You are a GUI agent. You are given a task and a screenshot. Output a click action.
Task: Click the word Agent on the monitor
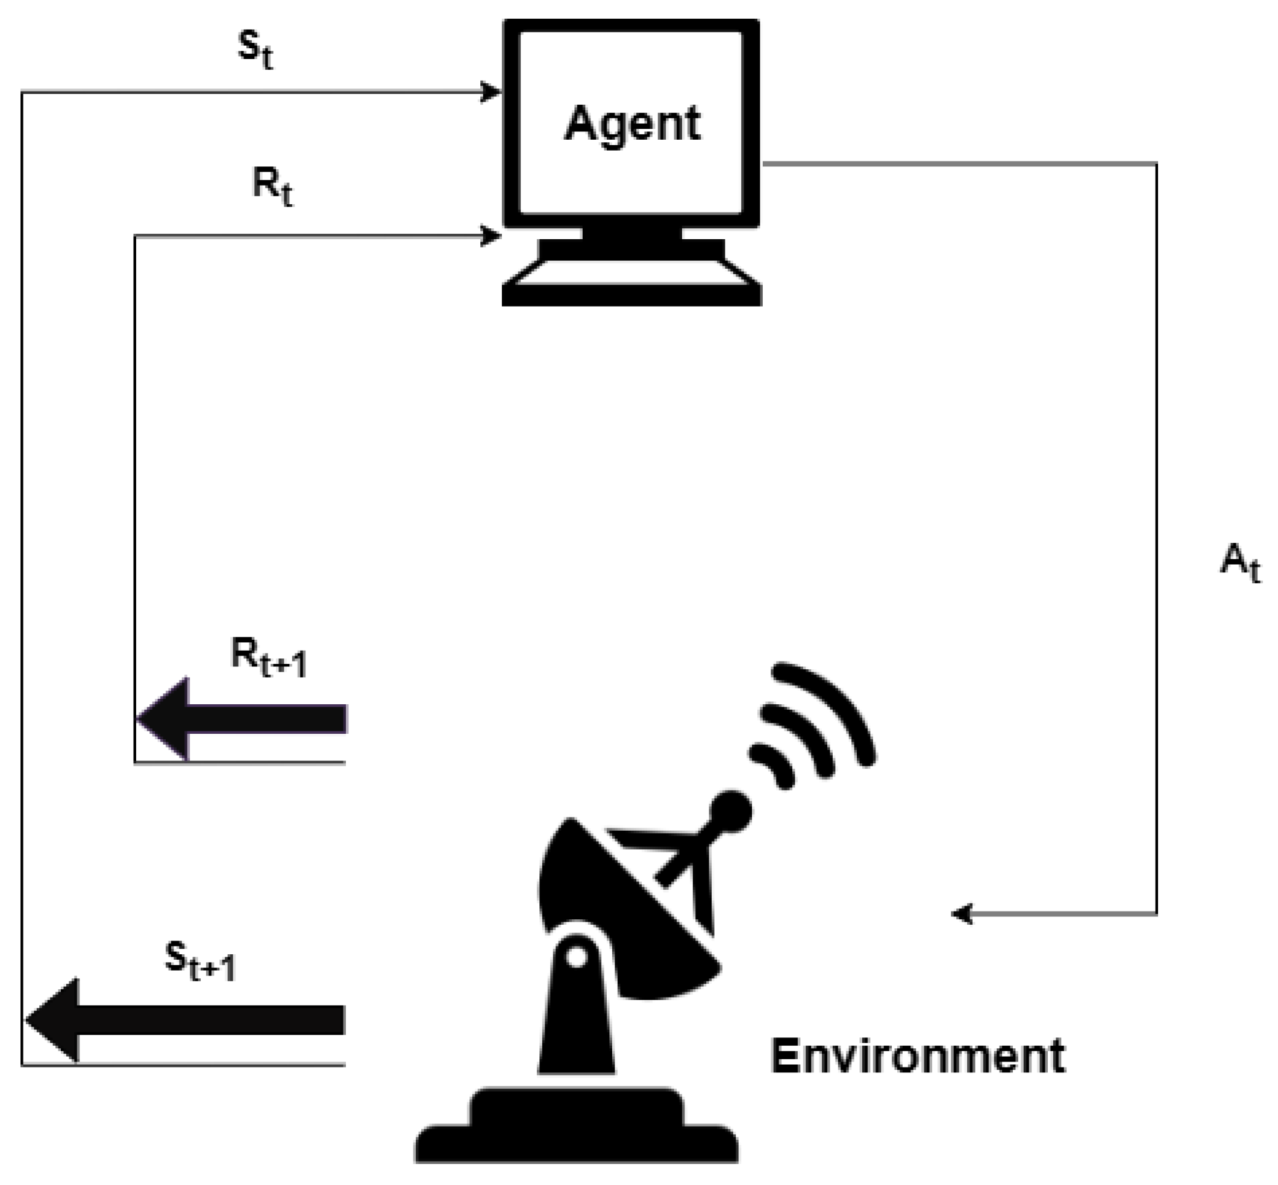(631, 123)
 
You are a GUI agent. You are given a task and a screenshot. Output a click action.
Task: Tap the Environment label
(917, 1055)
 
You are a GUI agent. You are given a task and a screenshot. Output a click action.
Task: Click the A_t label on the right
(1239, 561)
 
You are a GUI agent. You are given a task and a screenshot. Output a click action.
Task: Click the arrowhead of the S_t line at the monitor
(491, 92)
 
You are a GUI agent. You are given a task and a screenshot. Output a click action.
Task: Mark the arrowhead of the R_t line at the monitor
(491, 236)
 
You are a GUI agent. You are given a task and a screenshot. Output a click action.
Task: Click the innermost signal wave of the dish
(772, 766)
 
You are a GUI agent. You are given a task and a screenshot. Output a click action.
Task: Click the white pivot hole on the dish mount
(577, 956)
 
